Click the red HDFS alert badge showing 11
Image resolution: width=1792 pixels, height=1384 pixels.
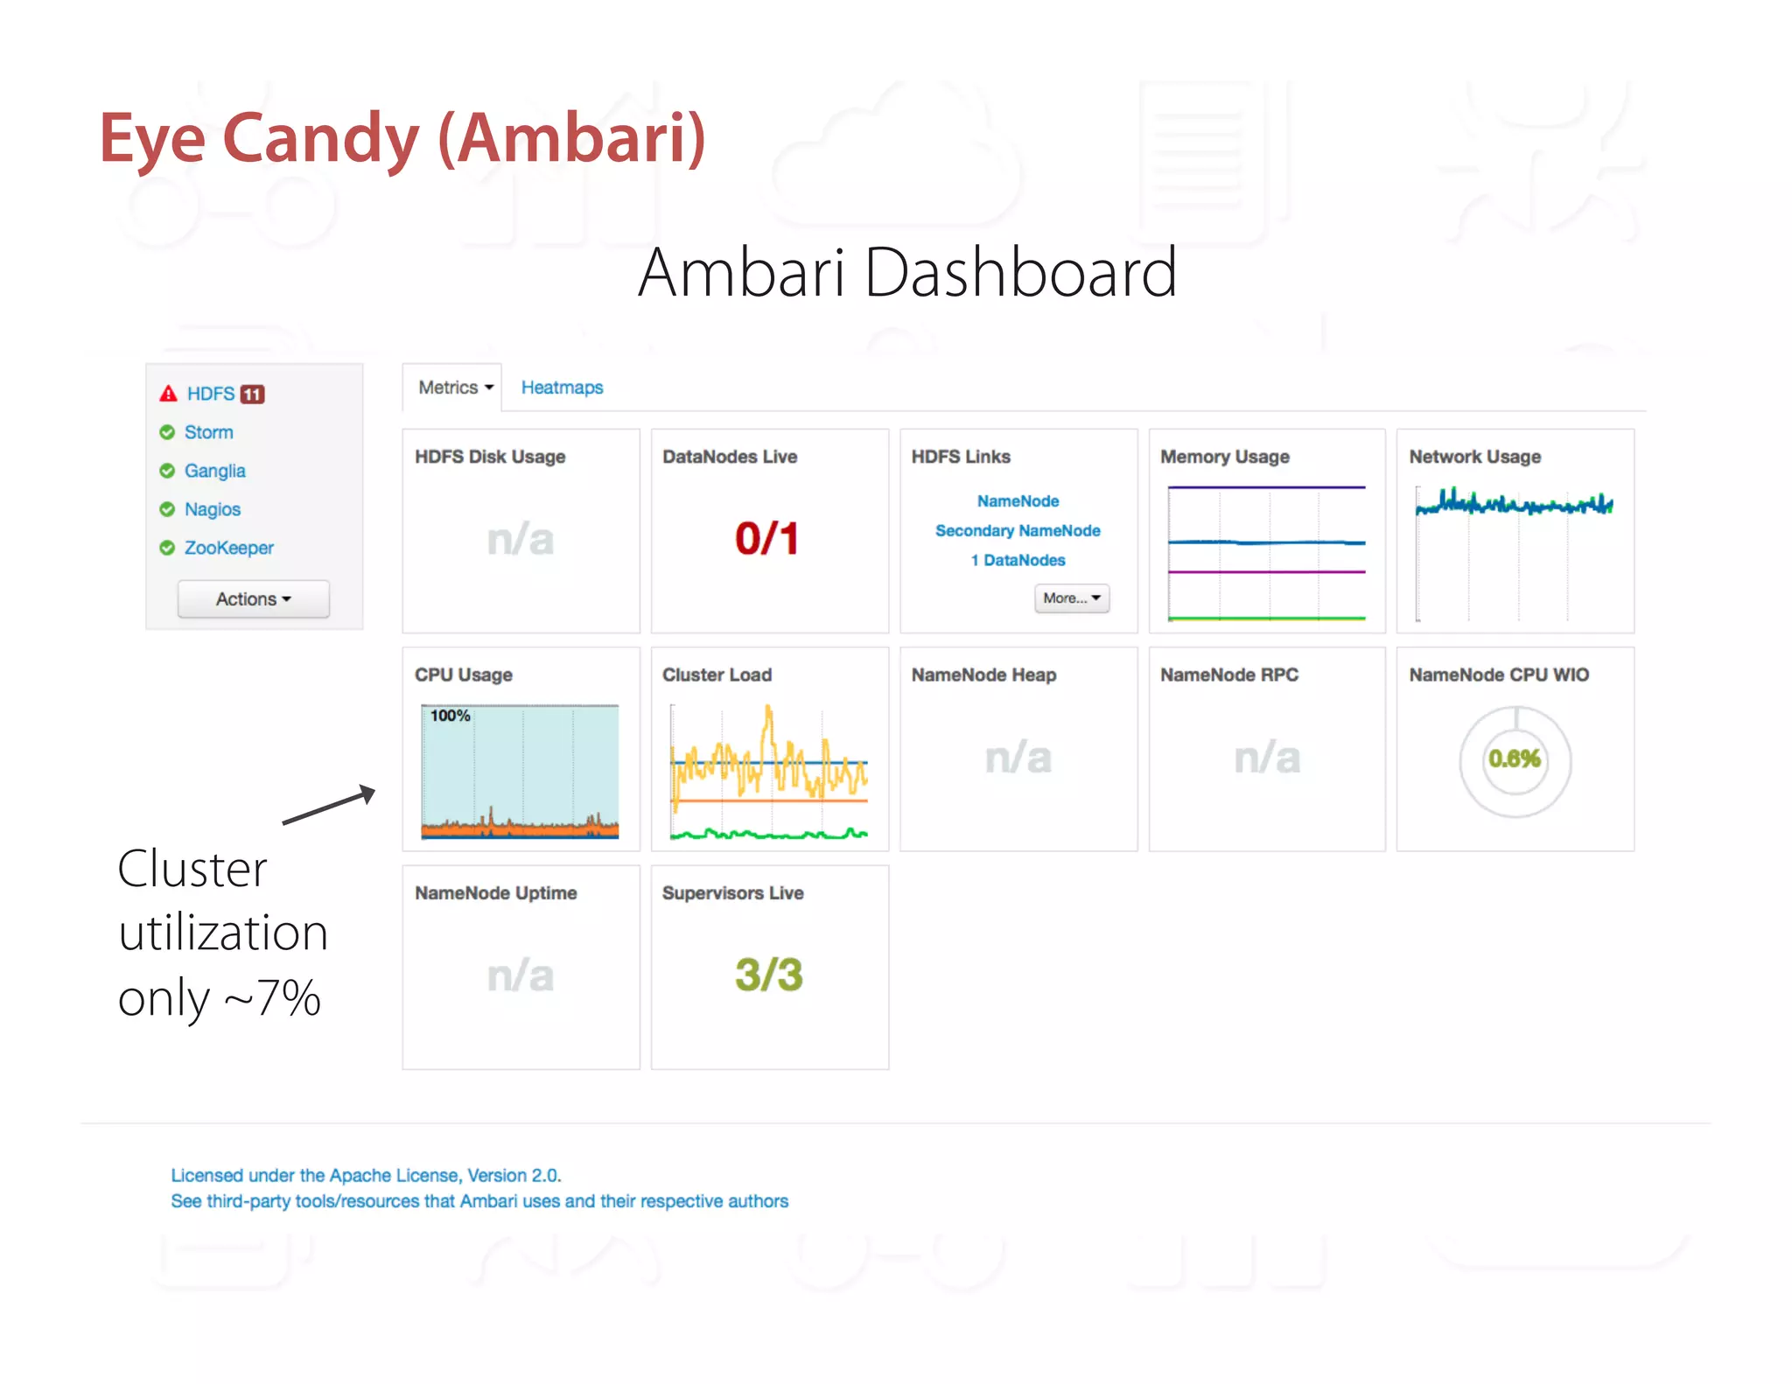click(252, 395)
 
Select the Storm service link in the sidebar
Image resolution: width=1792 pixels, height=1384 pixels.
click(208, 432)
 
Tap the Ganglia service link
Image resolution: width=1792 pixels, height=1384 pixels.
click(214, 471)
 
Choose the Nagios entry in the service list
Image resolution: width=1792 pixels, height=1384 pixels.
click(212, 509)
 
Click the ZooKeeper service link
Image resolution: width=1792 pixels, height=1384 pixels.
click(228, 548)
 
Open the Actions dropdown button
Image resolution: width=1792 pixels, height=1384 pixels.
click(253, 599)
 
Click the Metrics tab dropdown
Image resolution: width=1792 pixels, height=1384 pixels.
click(455, 388)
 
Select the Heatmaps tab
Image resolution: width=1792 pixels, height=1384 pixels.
click(562, 388)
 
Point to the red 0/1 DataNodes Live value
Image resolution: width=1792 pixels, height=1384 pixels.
click(767, 538)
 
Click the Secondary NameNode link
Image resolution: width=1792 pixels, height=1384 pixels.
click(1018, 531)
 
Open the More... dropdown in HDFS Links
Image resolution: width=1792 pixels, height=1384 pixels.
click(1071, 598)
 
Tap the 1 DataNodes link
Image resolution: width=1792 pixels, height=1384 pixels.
click(1018, 561)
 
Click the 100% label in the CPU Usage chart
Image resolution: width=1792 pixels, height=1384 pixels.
click(450, 716)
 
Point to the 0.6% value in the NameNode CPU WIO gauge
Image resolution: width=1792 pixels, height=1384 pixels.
click(1515, 758)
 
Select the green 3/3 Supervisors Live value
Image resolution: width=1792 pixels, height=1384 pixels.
click(768, 975)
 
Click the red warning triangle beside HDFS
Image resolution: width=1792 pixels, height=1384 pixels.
click(168, 394)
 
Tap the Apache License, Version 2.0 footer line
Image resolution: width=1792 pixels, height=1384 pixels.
click(366, 1176)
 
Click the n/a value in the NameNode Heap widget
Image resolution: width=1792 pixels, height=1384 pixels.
click(1018, 758)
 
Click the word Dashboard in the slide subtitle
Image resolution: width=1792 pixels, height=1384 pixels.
click(1020, 273)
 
